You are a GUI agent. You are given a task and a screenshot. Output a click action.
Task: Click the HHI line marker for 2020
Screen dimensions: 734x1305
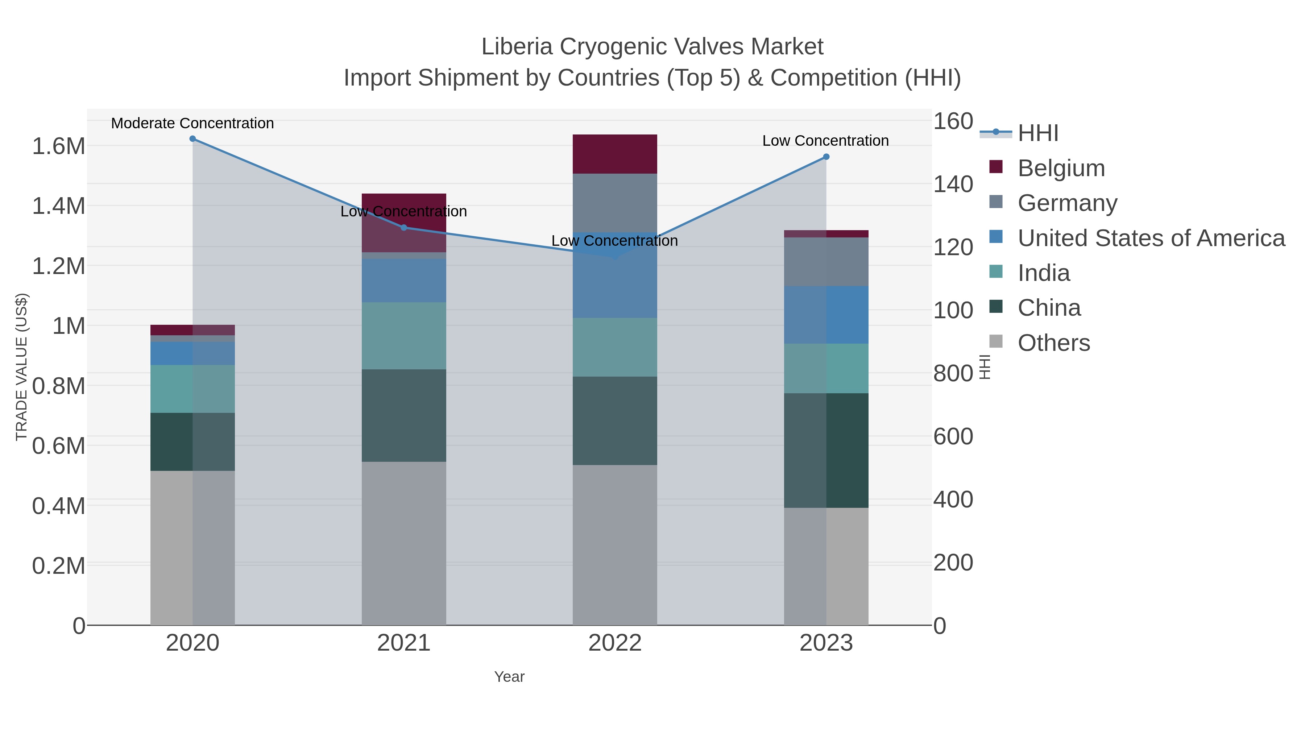coord(192,139)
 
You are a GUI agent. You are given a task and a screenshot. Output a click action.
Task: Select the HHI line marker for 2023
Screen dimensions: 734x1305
coord(826,157)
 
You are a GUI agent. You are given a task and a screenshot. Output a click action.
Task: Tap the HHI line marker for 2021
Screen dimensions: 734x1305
coord(404,227)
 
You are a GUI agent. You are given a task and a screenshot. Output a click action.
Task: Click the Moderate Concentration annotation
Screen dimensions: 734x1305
coord(192,123)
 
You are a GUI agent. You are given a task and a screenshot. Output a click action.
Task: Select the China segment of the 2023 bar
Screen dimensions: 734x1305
coord(826,450)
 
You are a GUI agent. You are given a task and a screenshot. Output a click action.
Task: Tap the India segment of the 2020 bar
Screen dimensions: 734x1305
coord(192,389)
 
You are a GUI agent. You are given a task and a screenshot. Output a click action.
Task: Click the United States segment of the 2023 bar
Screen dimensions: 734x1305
coord(826,315)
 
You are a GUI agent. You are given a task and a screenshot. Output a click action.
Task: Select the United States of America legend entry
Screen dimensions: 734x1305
coord(1151,238)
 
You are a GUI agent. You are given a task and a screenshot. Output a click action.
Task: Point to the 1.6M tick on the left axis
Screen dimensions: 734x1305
coord(58,146)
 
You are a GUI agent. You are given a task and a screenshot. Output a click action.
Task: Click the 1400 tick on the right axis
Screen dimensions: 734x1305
coord(953,184)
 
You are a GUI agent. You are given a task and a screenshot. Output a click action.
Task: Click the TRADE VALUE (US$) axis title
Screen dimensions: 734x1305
coord(21,367)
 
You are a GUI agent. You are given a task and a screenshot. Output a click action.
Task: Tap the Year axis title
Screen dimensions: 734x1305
coord(509,677)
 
